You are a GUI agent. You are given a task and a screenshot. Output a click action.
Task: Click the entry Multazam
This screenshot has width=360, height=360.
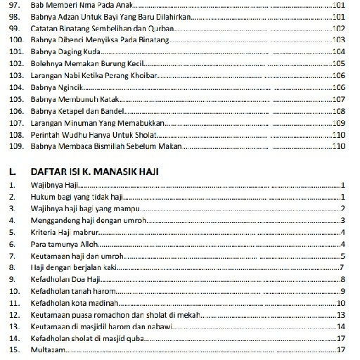coord(48,349)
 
